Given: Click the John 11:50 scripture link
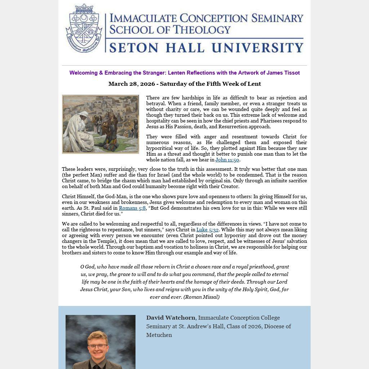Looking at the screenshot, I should [x=227, y=160].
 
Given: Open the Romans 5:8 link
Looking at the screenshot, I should [x=132, y=208].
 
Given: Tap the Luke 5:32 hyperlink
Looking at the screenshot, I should [x=207, y=230].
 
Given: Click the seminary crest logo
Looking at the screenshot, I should [x=84, y=28].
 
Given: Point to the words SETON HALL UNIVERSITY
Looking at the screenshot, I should [x=206, y=47].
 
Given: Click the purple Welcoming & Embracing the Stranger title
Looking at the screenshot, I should [x=184, y=73].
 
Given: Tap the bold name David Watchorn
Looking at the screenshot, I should [x=170, y=318].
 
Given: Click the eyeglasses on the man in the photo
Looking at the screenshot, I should [x=98, y=346].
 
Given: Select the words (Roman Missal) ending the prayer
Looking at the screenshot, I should [x=201, y=297].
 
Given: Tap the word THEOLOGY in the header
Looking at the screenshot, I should [x=201, y=30].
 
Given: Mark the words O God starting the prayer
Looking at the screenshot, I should [x=87, y=267].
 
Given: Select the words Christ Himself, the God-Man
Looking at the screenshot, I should [x=94, y=196].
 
